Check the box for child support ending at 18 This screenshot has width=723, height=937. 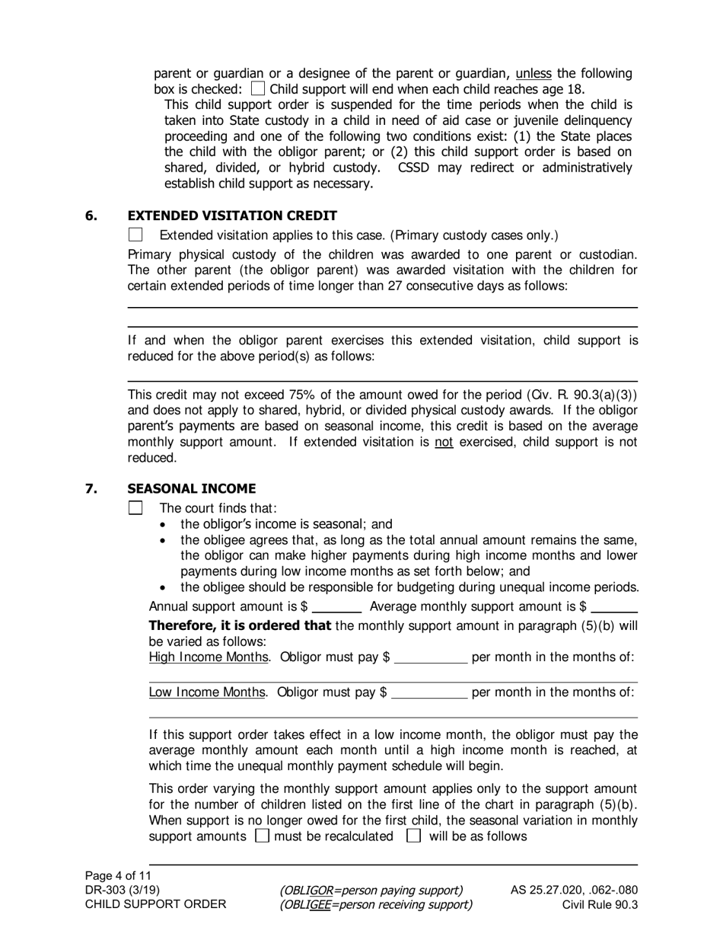pos(258,89)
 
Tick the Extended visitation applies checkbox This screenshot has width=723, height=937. pos(136,235)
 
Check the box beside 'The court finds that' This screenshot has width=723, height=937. pos(136,507)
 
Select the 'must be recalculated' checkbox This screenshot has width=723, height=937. pos(262,836)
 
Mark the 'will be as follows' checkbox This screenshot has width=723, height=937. pos(414,836)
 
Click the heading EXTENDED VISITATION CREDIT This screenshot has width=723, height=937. pos(232,216)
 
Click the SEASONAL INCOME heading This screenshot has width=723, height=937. pos(192,488)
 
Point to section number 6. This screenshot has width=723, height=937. pos(91,216)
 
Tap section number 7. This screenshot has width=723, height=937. pos(91,488)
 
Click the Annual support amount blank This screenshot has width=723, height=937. pos(336,608)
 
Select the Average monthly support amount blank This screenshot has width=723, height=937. pos(614,608)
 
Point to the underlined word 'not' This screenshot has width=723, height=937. pos(444,442)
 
